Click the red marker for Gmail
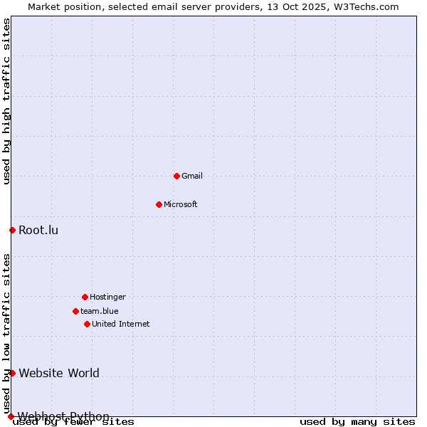(x=176, y=176)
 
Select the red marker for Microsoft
(x=159, y=204)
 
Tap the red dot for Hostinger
(x=85, y=297)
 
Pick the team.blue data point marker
(x=75, y=311)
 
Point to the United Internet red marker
(x=87, y=324)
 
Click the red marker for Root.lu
(x=12, y=230)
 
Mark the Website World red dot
(x=12, y=373)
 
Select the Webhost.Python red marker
(x=11, y=416)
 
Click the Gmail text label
(x=192, y=176)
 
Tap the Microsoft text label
(x=181, y=204)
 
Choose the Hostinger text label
(x=107, y=297)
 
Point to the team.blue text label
(x=100, y=311)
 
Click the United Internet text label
(x=121, y=324)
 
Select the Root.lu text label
(x=38, y=230)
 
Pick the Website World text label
(x=59, y=373)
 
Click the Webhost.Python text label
(x=63, y=416)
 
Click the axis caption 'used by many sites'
(x=357, y=422)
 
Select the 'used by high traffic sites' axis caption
(x=7, y=101)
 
